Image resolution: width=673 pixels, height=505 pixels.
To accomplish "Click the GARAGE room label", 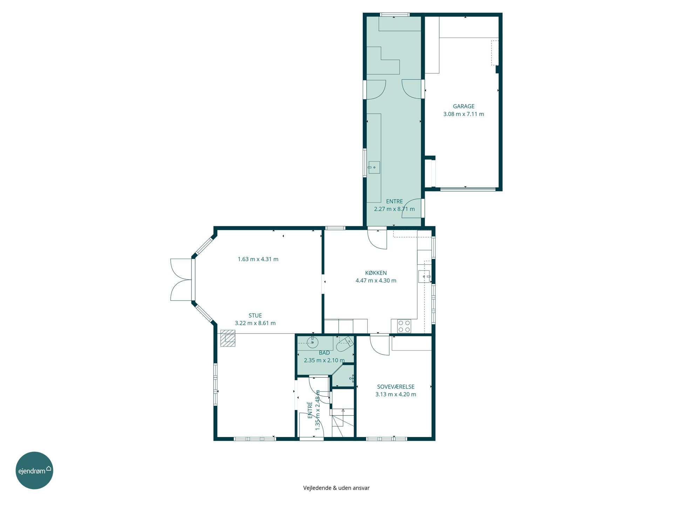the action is (463, 106).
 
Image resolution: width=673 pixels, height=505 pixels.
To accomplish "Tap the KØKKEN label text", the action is (376, 273).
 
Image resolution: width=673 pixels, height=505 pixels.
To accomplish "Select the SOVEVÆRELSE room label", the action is (396, 387).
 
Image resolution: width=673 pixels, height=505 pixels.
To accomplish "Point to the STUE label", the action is (255, 316).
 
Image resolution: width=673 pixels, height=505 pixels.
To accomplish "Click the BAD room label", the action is (324, 353).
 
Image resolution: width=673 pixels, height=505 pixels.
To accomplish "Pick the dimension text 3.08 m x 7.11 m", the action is (463, 114).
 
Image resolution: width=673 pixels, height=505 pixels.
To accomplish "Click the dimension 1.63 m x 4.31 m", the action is (258, 259).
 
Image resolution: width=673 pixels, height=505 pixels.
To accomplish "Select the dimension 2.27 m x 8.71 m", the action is (394, 209).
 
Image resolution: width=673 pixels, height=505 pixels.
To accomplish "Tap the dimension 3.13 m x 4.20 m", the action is (396, 394).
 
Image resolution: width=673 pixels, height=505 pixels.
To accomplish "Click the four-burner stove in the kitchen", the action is (404, 326).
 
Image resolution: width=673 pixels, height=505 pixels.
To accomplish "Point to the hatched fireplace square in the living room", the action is (228, 338).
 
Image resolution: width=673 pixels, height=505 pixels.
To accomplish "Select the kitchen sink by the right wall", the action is (424, 277).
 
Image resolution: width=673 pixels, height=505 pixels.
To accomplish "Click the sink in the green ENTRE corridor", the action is (374, 168).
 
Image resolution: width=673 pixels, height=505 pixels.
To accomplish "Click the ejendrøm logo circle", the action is (34, 470).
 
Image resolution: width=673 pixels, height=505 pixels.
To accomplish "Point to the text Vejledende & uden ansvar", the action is (336, 488).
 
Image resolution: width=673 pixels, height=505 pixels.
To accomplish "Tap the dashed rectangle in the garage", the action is (495, 53).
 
